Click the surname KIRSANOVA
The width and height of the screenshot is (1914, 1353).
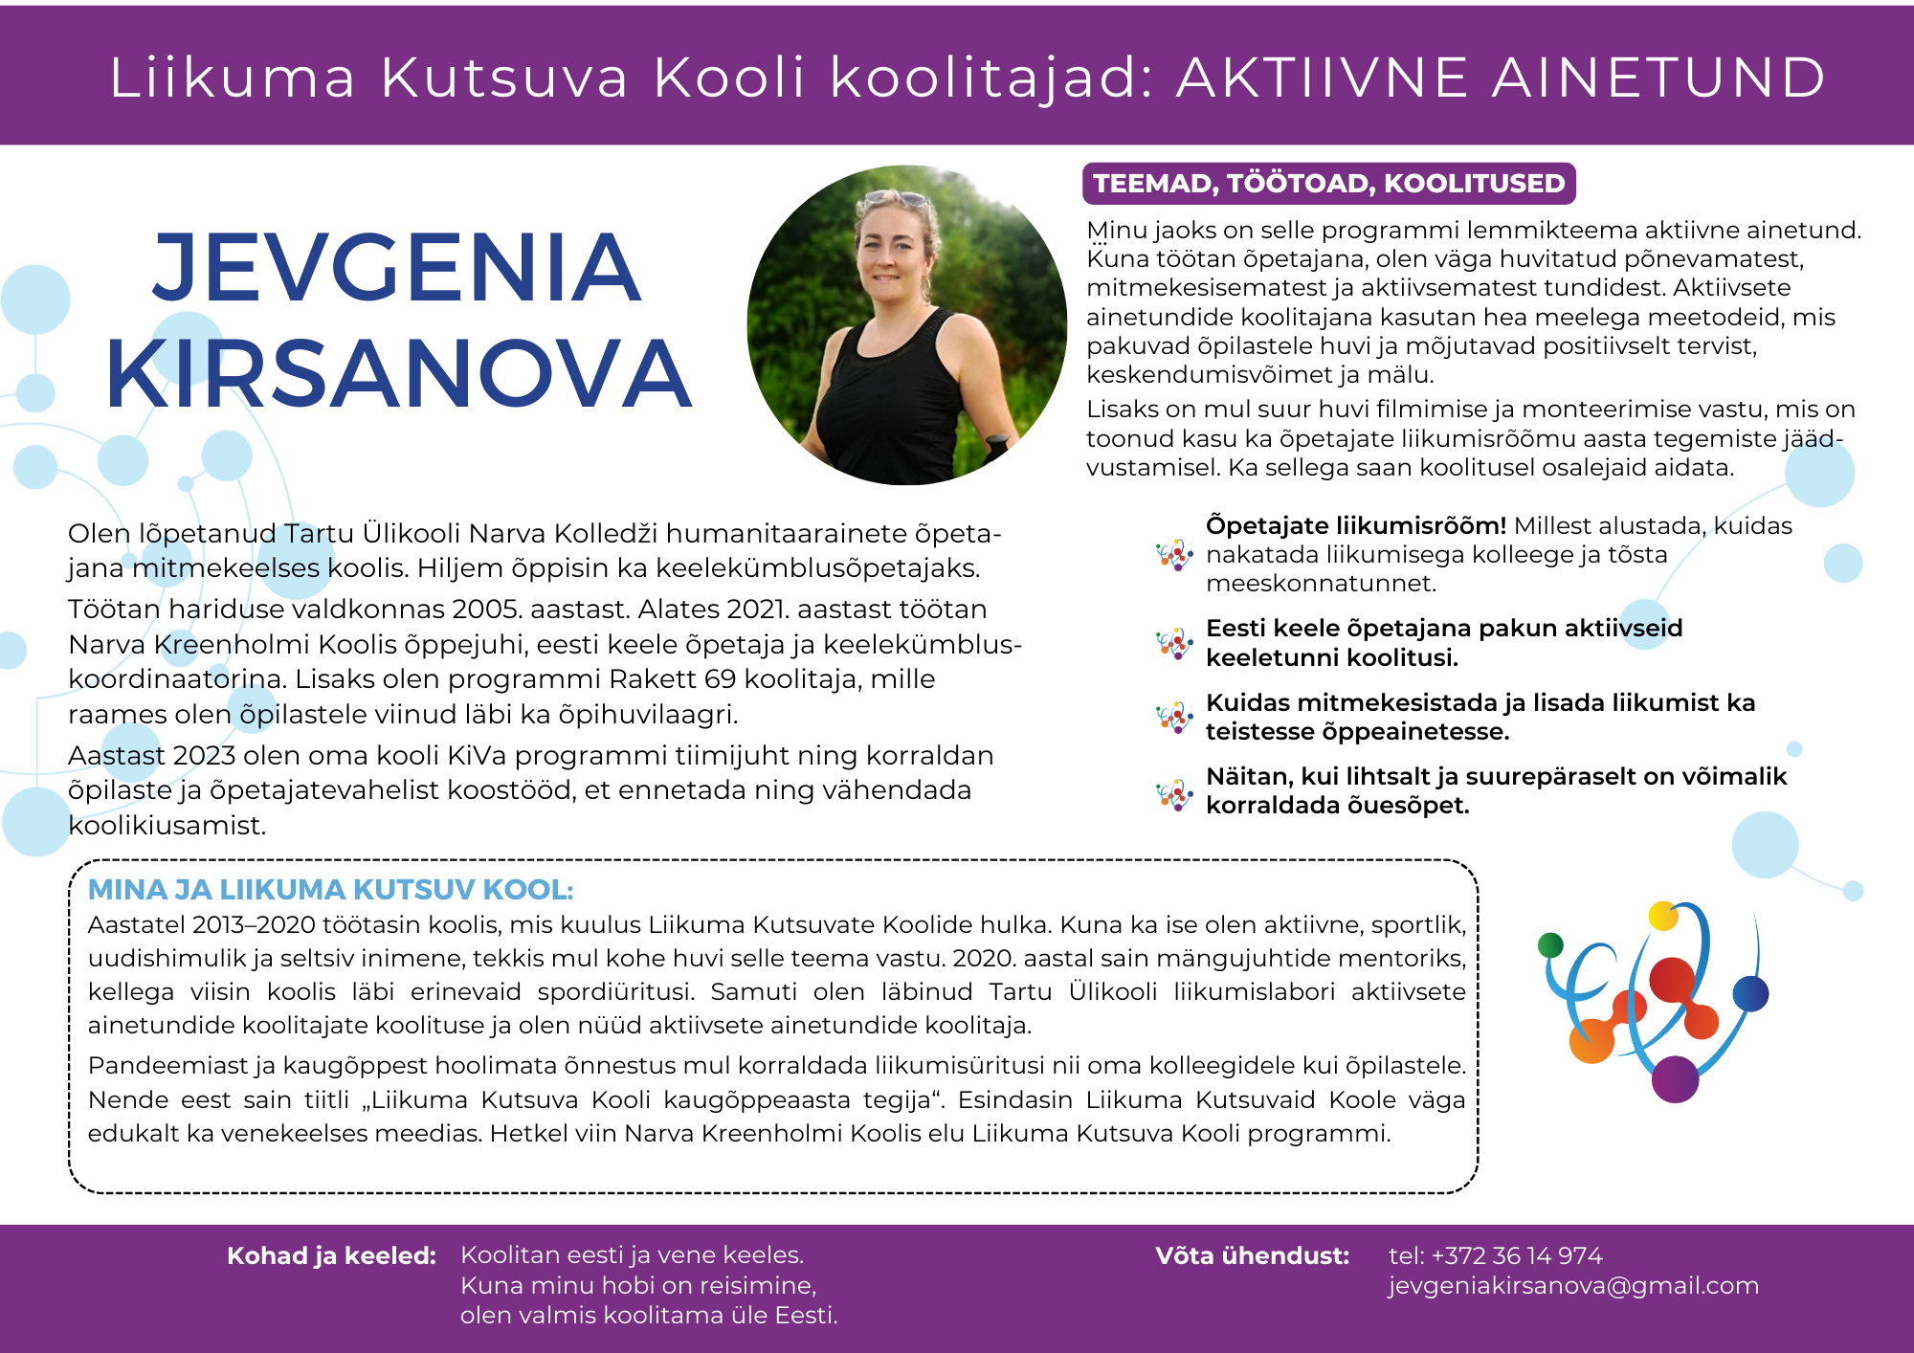tap(398, 375)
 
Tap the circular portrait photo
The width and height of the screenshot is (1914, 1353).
tap(906, 325)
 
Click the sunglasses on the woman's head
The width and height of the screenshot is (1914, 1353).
tap(898, 200)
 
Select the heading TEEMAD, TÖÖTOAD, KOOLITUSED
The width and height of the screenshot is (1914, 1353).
tap(1328, 184)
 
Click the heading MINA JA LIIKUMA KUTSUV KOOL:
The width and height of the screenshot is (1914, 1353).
tap(330, 890)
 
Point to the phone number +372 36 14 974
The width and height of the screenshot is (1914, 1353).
tap(1516, 1255)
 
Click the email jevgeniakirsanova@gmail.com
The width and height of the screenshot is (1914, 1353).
tap(1573, 1285)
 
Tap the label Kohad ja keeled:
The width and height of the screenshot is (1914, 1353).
tap(331, 1255)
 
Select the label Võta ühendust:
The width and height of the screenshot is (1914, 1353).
tap(1252, 1255)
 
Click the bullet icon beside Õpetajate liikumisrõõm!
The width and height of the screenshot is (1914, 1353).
tap(1174, 555)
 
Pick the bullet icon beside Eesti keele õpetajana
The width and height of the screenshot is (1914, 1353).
tap(1174, 643)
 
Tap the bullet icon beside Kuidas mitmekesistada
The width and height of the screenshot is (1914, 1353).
tap(1174, 718)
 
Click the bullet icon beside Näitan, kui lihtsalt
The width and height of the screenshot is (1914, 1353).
tap(1174, 793)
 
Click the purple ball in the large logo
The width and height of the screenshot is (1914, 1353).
tap(1675, 1079)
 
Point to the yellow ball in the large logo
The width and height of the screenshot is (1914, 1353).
tap(1663, 916)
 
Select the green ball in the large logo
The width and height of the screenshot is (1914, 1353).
tap(1550, 945)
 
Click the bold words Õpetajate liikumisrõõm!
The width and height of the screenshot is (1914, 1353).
tap(1355, 525)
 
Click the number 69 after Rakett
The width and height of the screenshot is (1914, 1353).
tap(720, 679)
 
